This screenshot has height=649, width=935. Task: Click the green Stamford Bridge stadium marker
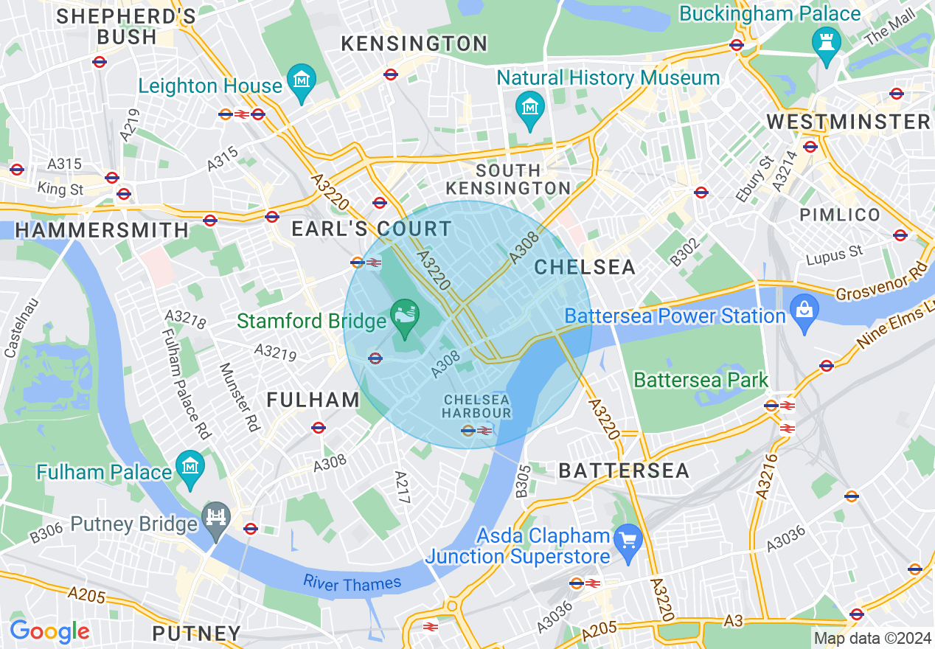pos(405,315)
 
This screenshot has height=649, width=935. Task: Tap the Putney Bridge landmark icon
pos(217,518)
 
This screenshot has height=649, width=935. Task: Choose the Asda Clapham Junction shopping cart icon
pos(628,541)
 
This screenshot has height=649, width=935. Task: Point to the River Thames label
pos(352,583)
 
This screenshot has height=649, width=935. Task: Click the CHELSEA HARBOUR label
pos(477,406)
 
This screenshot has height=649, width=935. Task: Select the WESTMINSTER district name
pos(848,122)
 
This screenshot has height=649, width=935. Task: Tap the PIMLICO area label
pos(840,215)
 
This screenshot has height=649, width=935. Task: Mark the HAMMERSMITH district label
pos(102,230)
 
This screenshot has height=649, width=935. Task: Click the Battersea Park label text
pos(701,381)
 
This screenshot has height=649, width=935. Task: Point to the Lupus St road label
pos(834,255)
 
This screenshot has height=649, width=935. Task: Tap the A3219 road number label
pos(275,352)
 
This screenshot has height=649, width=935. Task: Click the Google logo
pos(49,631)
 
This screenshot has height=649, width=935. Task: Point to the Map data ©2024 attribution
pos(872,637)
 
